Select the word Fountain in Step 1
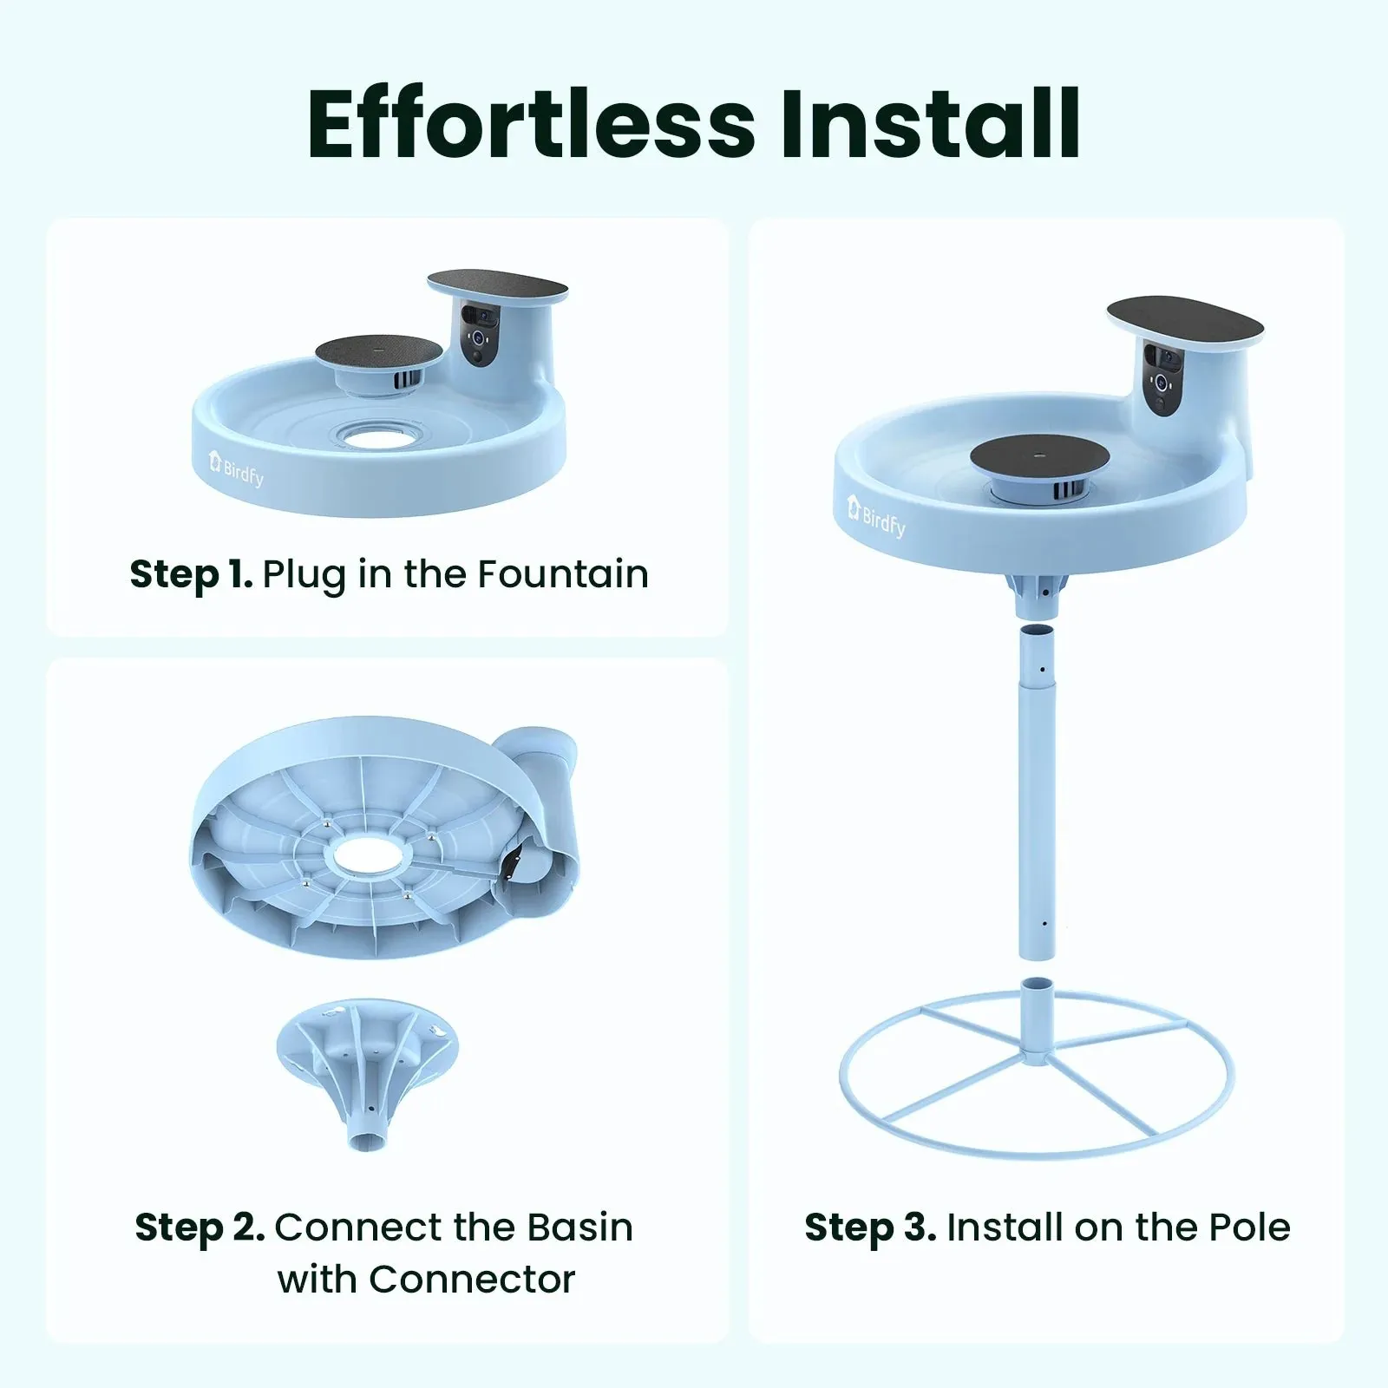[x=563, y=574]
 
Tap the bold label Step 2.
[x=200, y=1228]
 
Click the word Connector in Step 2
[x=426, y=1280]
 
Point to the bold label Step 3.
[x=870, y=1228]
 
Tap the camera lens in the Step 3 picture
[x=1160, y=382]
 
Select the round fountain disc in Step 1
[x=378, y=352]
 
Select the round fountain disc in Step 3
[x=1039, y=455]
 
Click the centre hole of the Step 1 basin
[x=375, y=433]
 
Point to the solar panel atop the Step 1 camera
[x=498, y=284]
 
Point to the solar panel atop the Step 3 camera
[x=1185, y=318]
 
